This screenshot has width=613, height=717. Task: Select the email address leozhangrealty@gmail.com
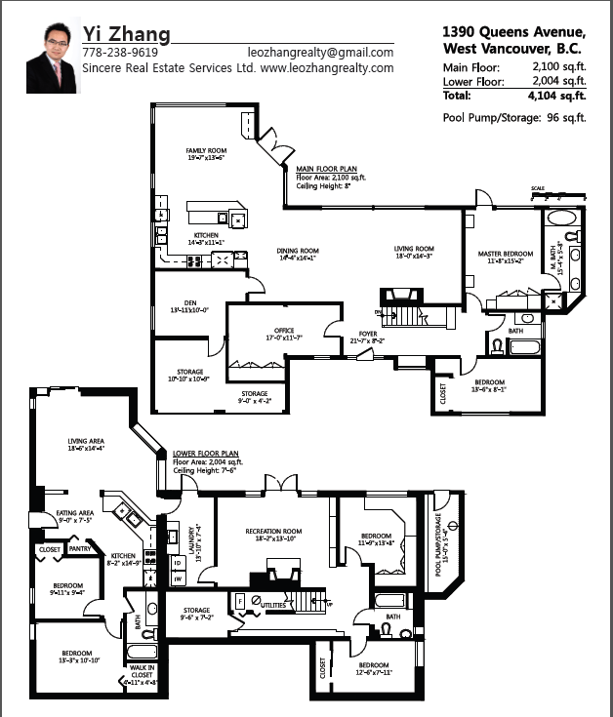coord(320,53)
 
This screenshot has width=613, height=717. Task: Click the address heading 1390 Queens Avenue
coord(514,30)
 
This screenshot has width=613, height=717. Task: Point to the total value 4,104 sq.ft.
coord(555,96)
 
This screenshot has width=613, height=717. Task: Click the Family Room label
coord(205,151)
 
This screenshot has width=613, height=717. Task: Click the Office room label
coord(284,333)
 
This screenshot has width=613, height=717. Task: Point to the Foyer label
coord(369,337)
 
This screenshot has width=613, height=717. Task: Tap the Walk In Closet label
coord(143,672)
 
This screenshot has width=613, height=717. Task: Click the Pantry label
coord(80,549)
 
